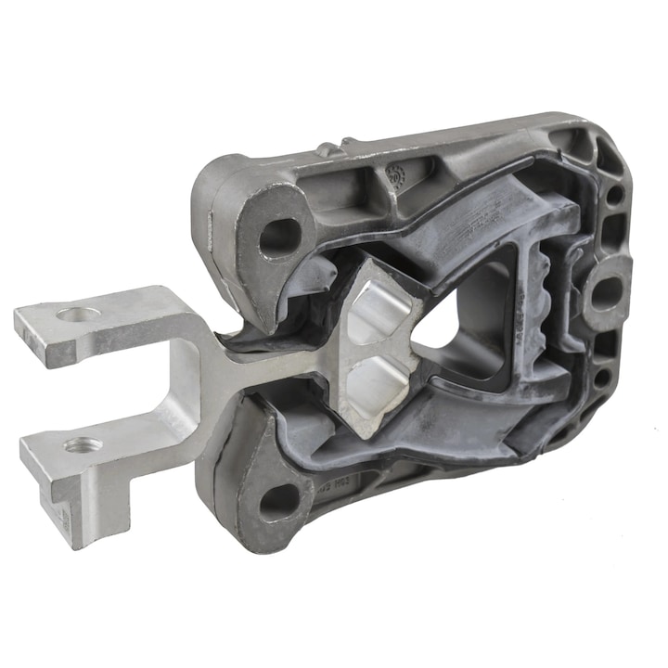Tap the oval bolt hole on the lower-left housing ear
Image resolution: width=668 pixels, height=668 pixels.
point(278,502)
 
